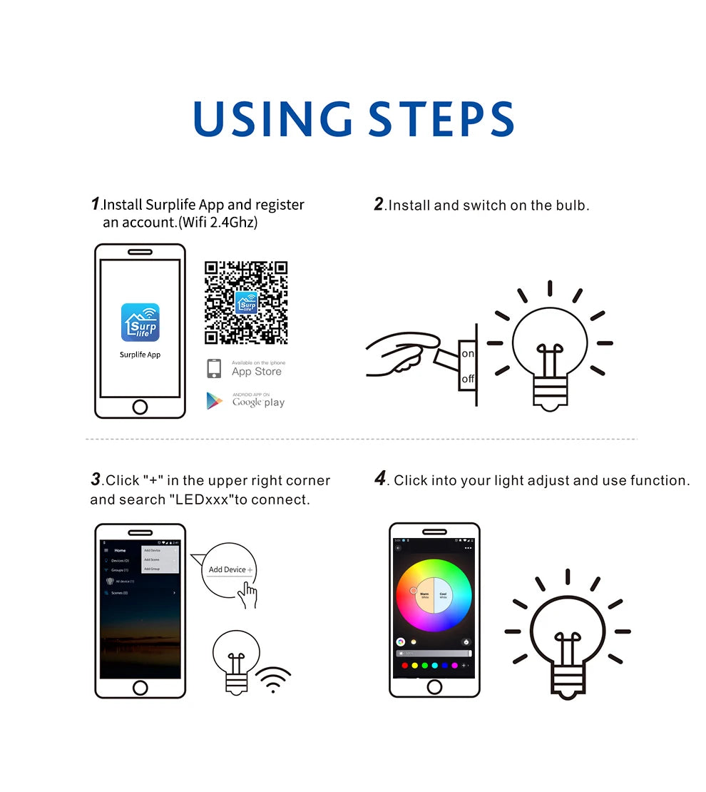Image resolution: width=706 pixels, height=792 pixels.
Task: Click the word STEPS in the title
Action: pos(442,119)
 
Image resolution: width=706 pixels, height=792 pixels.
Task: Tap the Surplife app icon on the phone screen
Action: pos(140,322)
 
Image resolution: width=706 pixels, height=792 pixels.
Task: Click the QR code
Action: pos(246,303)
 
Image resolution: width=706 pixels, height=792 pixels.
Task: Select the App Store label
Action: pos(256,371)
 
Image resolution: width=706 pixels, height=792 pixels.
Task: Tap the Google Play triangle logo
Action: pos(214,401)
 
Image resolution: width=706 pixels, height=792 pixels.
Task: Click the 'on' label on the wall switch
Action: pos(468,354)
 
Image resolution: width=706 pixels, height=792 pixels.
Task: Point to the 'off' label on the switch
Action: pos(468,379)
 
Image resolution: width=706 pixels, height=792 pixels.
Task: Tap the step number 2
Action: pos(379,204)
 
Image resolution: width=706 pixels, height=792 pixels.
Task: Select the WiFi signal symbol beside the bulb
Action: pos(272,680)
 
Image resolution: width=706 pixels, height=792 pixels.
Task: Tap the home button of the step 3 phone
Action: pos(140,688)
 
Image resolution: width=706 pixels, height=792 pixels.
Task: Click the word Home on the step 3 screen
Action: pos(120,550)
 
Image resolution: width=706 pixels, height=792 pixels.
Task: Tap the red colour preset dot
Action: pos(405,666)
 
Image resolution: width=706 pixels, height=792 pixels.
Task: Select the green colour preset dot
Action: pos(424,666)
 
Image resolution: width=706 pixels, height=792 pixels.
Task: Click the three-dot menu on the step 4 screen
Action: pos(468,548)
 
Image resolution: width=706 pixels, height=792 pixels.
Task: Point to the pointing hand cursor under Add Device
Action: pos(247,594)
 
